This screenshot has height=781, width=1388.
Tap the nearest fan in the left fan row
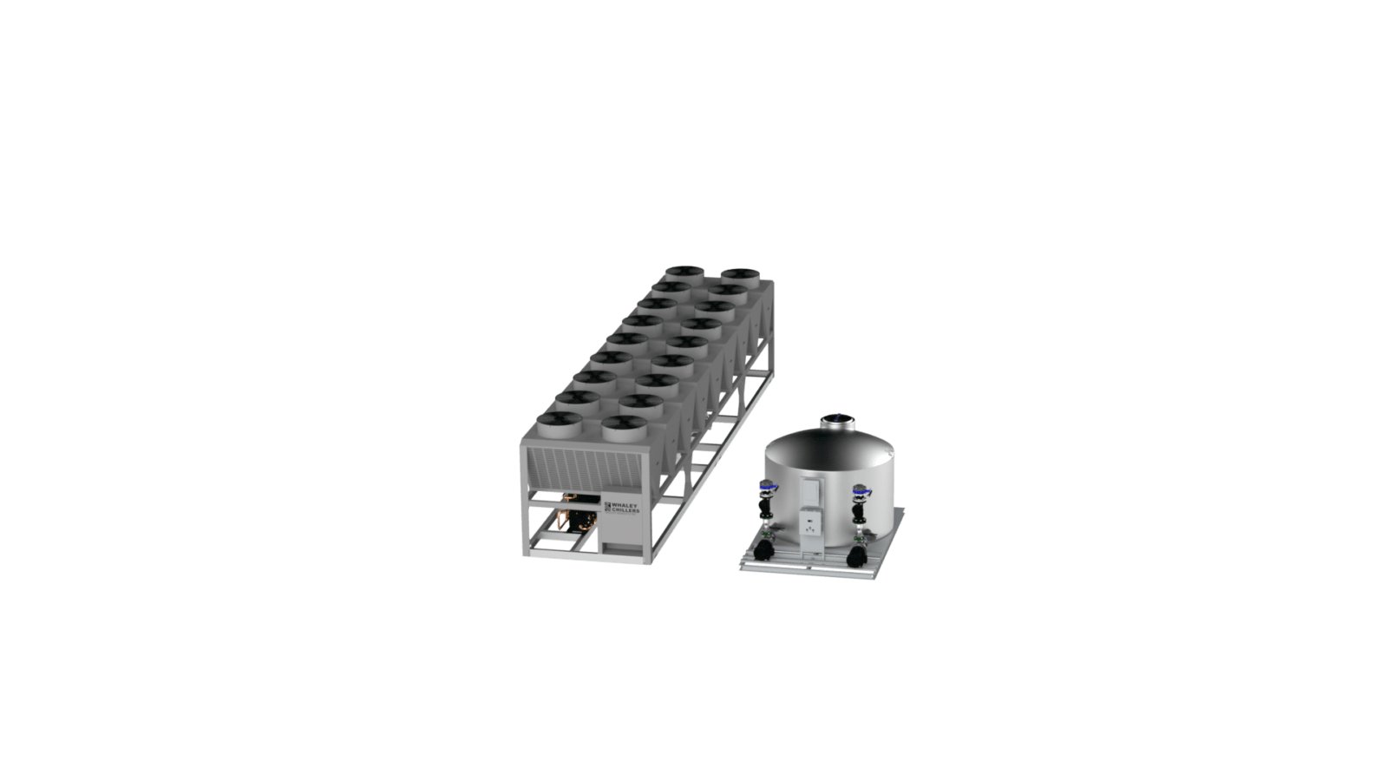(560, 424)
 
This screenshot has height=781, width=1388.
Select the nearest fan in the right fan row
(625, 428)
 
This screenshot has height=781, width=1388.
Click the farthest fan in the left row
(684, 274)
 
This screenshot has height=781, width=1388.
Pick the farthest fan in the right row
(741, 277)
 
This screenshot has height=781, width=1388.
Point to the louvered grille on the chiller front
(584, 469)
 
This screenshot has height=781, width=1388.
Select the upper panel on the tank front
(812, 492)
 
